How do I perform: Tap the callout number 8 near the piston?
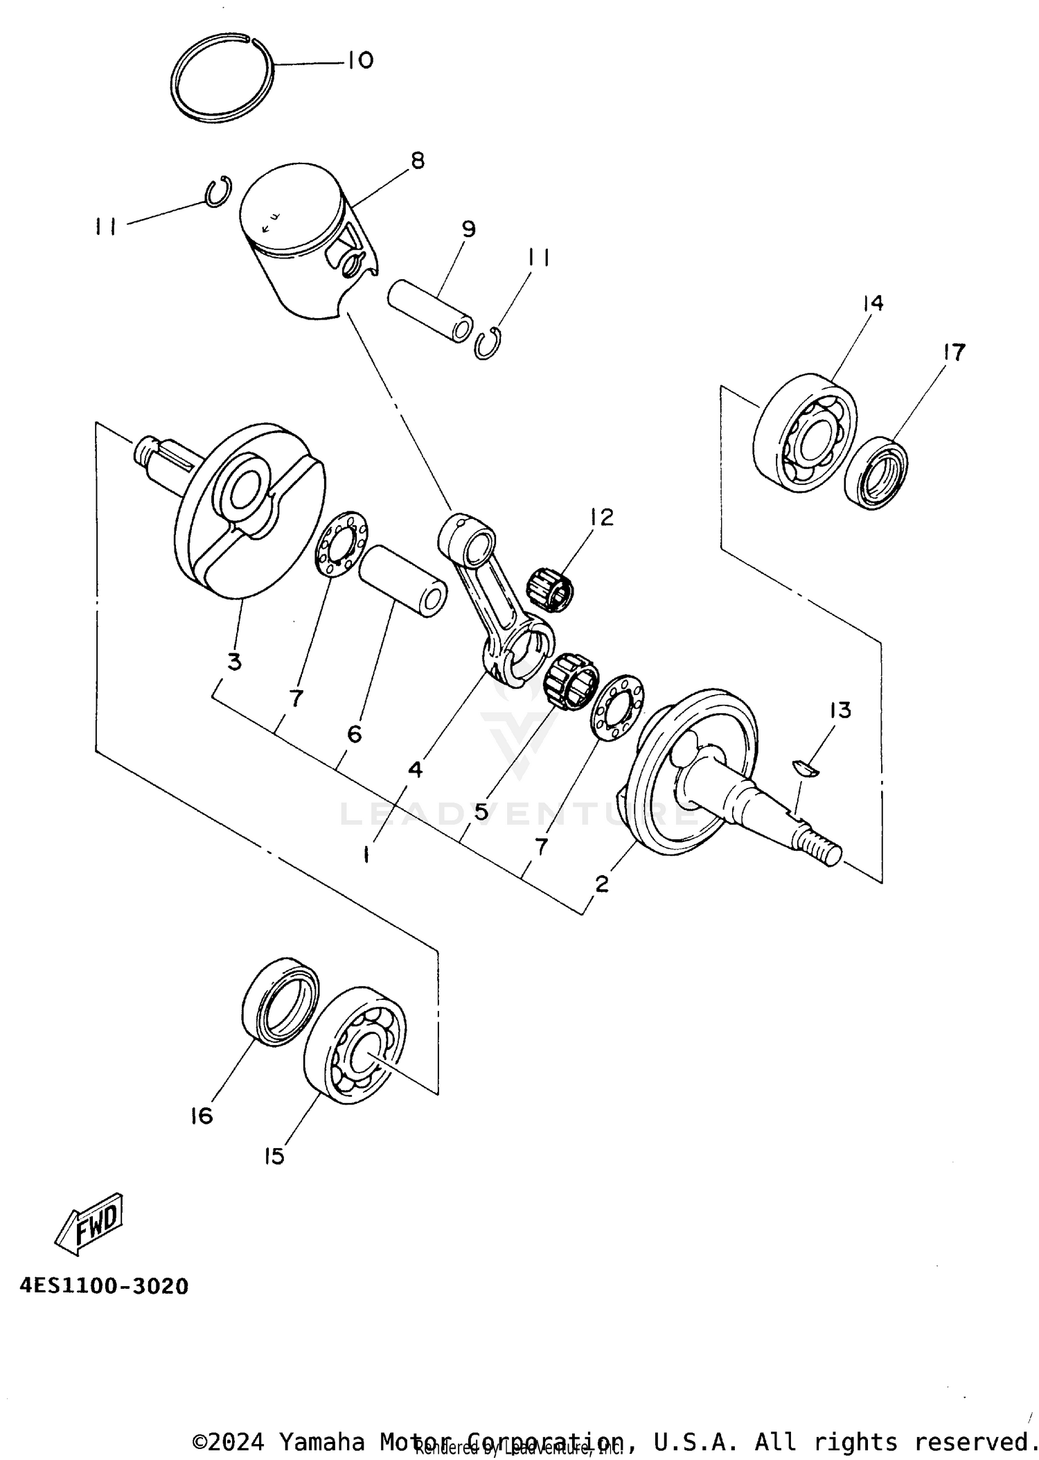(x=417, y=161)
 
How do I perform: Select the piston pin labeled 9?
(x=431, y=310)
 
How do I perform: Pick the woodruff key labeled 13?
(x=806, y=768)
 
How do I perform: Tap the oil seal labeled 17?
(x=876, y=471)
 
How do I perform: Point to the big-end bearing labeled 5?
(x=572, y=680)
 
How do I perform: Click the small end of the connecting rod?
(x=468, y=540)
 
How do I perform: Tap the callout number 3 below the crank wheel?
(x=235, y=662)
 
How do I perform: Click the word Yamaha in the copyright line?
(x=321, y=1442)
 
